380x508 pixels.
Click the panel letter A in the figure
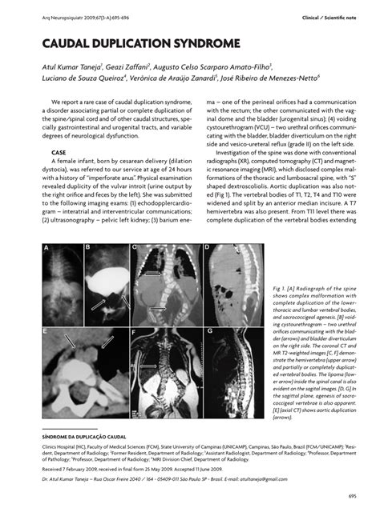click(x=47, y=248)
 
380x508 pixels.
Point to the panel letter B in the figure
click(x=87, y=248)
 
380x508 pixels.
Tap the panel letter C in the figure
click(x=136, y=248)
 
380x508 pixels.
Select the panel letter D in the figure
click(x=207, y=248)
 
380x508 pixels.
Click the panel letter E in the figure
click(x=47, y=330)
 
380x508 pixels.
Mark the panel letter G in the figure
click(x=208, y=330)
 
